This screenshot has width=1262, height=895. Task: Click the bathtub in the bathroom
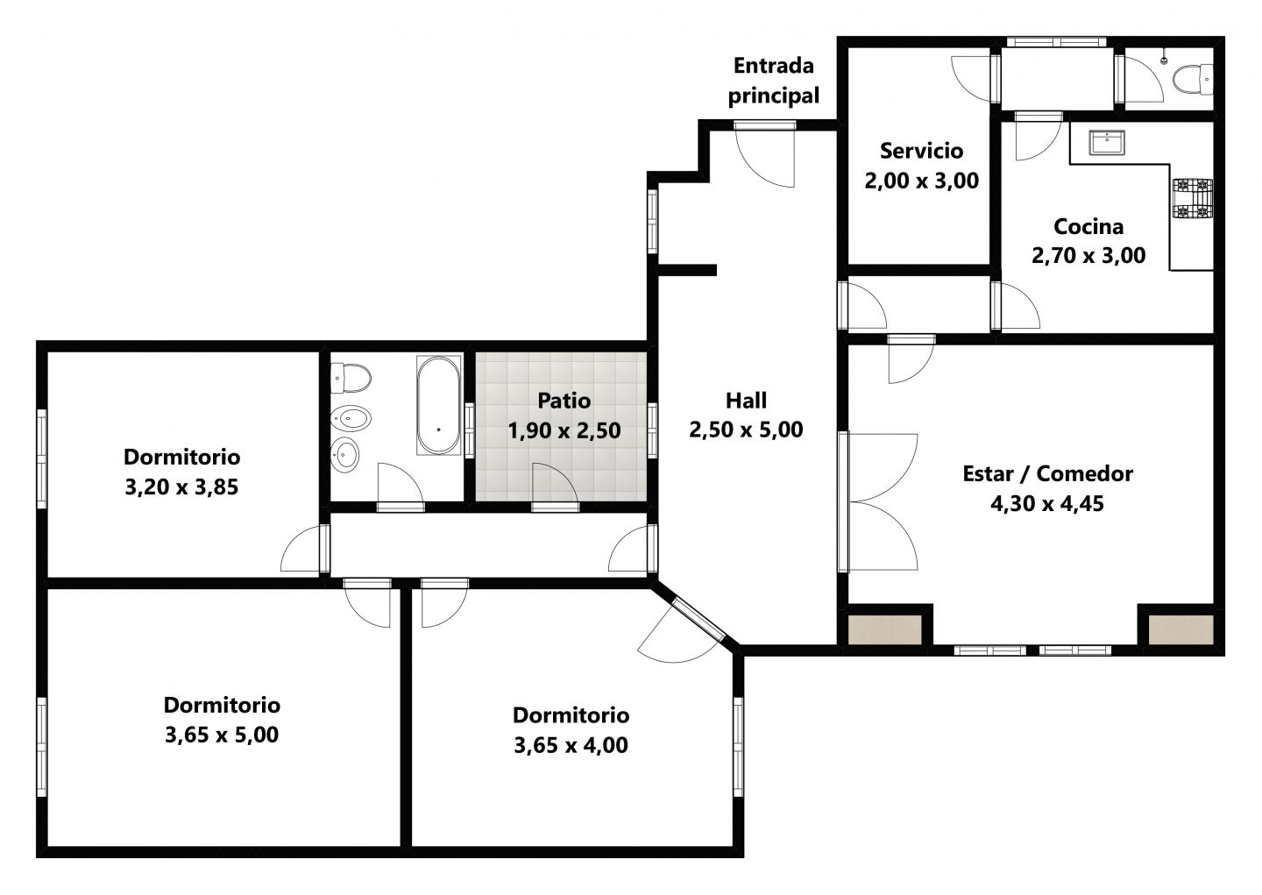[x=438, y=405]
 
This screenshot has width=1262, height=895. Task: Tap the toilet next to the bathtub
[x=351, y=378]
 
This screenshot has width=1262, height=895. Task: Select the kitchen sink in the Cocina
[x=1107, y=143]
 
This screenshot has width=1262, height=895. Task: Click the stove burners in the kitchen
[x=1193, y=198]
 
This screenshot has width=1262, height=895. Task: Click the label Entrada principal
[x=774, y=81]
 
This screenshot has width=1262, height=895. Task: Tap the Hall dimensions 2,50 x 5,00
[x=746, y=430]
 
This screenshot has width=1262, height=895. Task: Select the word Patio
[x=564, y=401]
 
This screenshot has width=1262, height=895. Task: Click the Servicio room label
[x=922, y=151]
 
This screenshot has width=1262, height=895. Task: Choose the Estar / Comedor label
[x=1047, y=473]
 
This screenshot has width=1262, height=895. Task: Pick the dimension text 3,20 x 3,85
[x=181, y=487]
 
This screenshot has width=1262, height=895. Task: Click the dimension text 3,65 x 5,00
[x=222, y=735]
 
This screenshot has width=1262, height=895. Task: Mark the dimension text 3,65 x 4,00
[x=571, y=745]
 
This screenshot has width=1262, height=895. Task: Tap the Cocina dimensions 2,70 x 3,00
[x=1088, y=255]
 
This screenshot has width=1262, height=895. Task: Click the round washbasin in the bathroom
[x=344, y=455]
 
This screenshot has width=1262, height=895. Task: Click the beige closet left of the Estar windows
[x=884, y=629]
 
